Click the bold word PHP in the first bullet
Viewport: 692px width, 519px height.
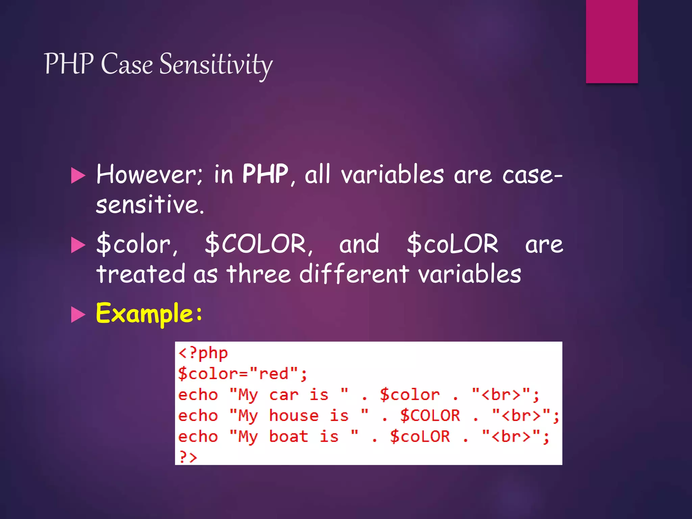pyautogui.click(x=265, y=174)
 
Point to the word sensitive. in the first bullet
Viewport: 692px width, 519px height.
pyautogui.click(x=150, y=205)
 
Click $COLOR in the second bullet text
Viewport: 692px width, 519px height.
pyautogui.click(x=258, y=244)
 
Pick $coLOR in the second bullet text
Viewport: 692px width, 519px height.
pyautogui.click(x=452, y=244)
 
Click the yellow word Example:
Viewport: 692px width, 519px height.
pyautogui.click(x=149, y=314)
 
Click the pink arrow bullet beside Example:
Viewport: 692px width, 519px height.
pyautogui.click(x=78, y=315)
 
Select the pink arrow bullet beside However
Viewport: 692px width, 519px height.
pyautogui.click(x=78, y=176)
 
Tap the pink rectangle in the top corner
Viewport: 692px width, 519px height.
pyautogui.click(x=612, y=41)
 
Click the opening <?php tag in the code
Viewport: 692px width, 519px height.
pyautogui.click(x=203, y=353)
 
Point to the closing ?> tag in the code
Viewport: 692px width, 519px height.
pyautogui.click(x=188, y=457)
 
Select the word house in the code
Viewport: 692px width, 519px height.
pyautogui.click(x=294, y=416)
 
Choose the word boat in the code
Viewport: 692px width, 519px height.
pyautogui.click(x=289, y=437)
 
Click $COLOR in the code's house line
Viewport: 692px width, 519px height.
pyautogui.click(x=430, y=416)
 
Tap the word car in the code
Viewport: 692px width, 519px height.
pyautogui.click(x=283, y=395)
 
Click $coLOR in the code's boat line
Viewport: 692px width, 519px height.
pyautogui.click(x=420, y=437)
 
